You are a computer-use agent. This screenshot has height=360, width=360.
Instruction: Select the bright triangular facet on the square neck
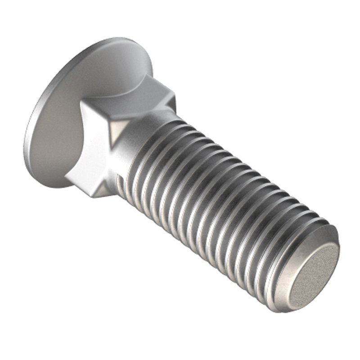point(118,131)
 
